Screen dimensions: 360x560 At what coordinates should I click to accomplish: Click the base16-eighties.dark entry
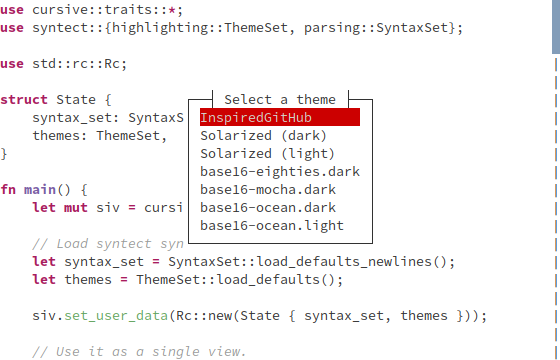(x=280, y=172)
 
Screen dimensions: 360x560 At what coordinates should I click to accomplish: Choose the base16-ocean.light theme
(x=272, y=226)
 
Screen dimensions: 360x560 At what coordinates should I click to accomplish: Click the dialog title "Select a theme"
(x=280, y=100)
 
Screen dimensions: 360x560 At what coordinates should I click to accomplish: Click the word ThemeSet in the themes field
(x=128, y=136)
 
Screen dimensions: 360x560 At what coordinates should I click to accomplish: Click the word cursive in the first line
(x=60, y=10)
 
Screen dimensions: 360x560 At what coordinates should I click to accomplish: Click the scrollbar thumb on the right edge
(x=555, y=25)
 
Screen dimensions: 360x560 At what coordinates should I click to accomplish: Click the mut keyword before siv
(x=76, y=208)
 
